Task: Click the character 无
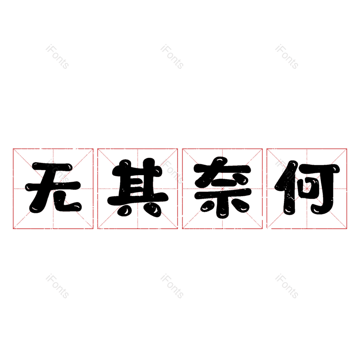pos(53,187)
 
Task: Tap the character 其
pos(138,188)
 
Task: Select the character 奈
pos(222,187)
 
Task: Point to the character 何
pos(307,188)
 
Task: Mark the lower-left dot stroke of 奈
pos(207,206)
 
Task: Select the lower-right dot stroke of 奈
pos(240,206)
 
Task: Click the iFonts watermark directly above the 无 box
pos(58,57)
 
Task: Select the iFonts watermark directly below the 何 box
pos(287,286)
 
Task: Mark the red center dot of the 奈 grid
pos(222,189)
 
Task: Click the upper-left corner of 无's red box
pos(13,149)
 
